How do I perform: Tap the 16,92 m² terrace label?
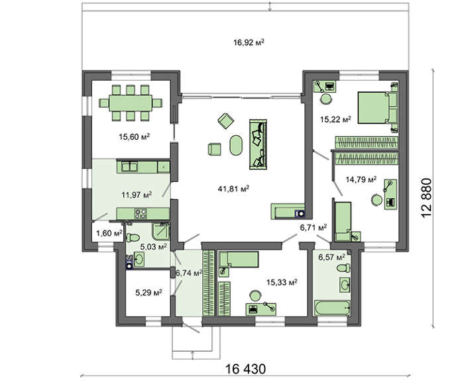[x=249, y=42]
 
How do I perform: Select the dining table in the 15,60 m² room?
[x=131, y=103]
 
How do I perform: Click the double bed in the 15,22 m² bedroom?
[x=377, y=107]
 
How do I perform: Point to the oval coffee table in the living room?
[x=236, y=145]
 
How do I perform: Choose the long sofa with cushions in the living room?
[x=258, y=144]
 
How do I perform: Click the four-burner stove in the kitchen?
[x=141, y=213]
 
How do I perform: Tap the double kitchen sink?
[x=130, y=167]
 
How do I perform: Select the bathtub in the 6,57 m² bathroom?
[x=333, y=309]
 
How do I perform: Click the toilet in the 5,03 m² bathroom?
[x=133, y=237]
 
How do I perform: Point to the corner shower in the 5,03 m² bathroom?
[x=160, y=231]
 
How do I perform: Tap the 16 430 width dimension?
[x=246, y=369]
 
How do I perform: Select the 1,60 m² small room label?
[x=109, y=233]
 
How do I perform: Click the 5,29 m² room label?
[x=148, y=293]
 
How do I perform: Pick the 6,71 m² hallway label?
[x=314, y=227]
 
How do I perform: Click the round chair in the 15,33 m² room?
[x=255, y=296]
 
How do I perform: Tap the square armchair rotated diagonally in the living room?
[x=226, y=121]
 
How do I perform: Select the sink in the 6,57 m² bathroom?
[x=345, y=285]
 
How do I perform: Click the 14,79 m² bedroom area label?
[x=361, y=180]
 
